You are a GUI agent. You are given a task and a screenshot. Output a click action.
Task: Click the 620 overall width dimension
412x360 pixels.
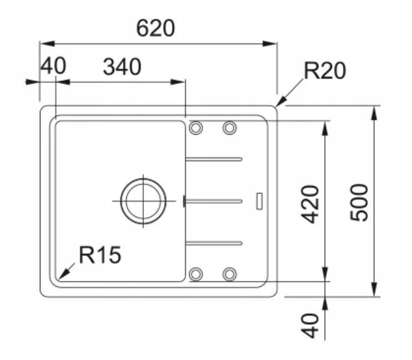(155, 28)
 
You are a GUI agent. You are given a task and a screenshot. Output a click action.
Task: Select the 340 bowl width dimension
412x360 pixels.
(122, 67)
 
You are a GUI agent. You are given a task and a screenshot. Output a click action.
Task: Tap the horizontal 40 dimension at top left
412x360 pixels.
(53, 66)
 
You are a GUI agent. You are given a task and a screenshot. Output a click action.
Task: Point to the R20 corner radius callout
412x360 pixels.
(325, 70)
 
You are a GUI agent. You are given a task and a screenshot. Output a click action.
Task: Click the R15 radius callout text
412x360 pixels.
(100, 254)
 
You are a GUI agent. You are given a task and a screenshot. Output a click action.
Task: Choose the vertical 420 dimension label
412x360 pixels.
(310, 204)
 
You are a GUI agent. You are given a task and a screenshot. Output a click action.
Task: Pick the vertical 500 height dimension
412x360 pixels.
(359, 203)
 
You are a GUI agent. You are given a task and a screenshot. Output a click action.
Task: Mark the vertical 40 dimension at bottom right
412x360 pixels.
(310, 325)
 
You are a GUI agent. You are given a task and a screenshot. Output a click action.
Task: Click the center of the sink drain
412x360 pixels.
(143, 201)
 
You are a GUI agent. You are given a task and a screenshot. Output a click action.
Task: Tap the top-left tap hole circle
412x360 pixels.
(195, 128)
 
